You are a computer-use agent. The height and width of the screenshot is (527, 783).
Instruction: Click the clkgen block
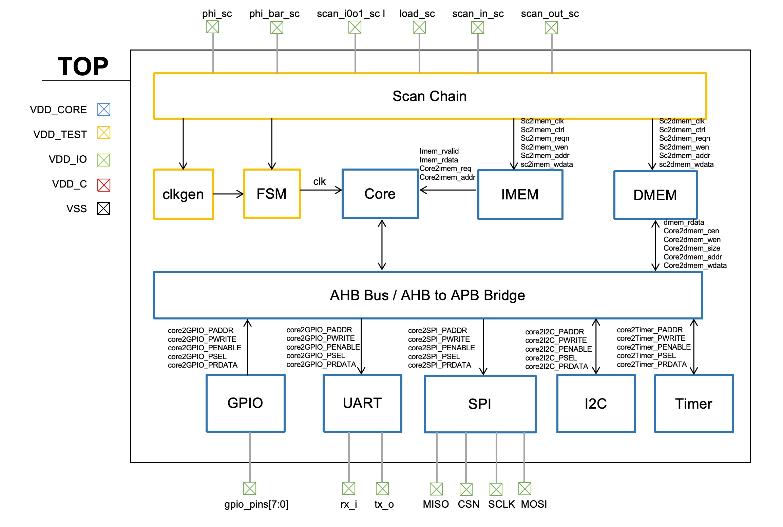[183, 194]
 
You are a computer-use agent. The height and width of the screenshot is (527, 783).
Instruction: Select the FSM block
[272, 194]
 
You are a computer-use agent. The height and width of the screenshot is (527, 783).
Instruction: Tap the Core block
[380, 194]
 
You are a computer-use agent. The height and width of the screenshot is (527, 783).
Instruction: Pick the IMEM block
[520, 195]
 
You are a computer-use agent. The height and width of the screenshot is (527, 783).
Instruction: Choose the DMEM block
[655, 195]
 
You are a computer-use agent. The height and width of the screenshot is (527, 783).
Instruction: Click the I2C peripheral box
[596, 404]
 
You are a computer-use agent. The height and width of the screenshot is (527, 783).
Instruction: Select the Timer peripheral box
[693, 404]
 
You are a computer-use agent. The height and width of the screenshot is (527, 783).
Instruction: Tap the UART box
[362, 403]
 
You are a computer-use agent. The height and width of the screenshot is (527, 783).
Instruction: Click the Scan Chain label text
[429, 96]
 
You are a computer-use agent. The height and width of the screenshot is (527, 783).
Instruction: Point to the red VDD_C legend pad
[103, 185]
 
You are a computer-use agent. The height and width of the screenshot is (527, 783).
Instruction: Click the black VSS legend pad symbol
[103, 209]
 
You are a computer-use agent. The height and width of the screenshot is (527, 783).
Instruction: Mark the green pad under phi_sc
[212, 27]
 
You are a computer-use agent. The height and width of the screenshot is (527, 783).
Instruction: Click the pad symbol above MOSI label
[524, 489]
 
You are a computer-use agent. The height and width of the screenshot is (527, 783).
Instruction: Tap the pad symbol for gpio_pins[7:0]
[250, 488]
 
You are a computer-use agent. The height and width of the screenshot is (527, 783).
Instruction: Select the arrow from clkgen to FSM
[228, 194]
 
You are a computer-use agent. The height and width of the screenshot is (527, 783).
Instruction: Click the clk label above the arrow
[319, 181]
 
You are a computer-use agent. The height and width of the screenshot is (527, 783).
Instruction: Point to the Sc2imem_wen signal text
[544, 147]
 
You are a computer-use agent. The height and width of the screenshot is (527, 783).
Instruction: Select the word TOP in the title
[83, 66]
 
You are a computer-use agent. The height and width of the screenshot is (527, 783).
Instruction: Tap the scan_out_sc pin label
[550, 14]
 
